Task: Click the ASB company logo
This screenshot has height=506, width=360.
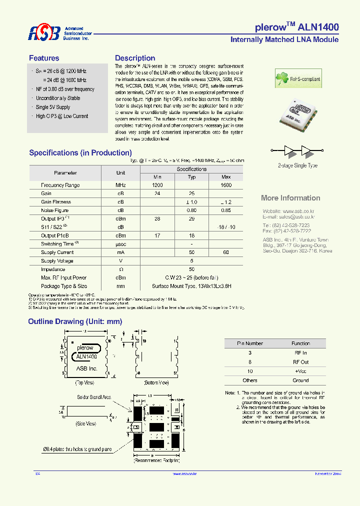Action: tap(43, 33)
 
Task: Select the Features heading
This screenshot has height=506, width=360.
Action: tap(44, 58)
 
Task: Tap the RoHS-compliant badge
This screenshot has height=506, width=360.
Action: tap(298, 79)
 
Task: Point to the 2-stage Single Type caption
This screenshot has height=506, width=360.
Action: tap(297, 165)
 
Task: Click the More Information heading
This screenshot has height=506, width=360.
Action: tap(290, 198)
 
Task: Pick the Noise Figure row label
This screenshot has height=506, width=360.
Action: tap(55, 210)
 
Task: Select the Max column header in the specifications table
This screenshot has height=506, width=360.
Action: tap(226, 177)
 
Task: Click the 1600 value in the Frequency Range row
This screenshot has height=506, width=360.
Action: tap(226, 185)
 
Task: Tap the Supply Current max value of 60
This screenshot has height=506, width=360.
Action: tap(226, 252)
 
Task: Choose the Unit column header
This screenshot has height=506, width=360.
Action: tap(120, 172)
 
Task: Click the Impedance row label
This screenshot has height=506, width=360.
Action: tap(53, 269)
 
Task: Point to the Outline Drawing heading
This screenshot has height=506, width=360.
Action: tap(75, 321)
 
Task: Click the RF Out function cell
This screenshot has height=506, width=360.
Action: tap(300, 362)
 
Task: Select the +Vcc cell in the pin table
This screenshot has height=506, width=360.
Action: tap(300, 371)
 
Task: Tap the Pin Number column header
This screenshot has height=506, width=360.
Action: tap(250, 343)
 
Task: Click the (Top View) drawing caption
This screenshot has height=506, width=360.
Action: tap(84, 382)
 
